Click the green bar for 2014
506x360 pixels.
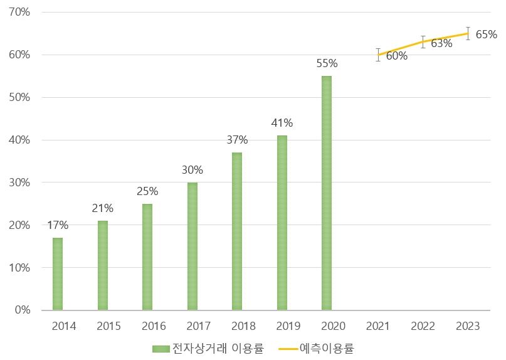click(x=58, y=273)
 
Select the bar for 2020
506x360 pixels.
click(x=327, y=193)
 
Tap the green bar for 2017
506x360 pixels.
click(x=192, y=246)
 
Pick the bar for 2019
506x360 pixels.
click(x=282, y=223)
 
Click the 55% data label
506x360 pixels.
click(x=327, y=63)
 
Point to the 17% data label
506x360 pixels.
click(x=58, y=225)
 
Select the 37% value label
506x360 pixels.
click(x=237, y=140)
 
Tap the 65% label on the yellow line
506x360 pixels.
click(x=486, y=34)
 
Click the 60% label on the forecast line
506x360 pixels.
click(x=396, y=56)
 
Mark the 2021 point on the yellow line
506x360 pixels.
click(x=378, y=55)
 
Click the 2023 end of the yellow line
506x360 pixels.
click(x=468, y=33)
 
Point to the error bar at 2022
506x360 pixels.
click(x=423, y=42)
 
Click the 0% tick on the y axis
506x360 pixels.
click(x=24, y=310)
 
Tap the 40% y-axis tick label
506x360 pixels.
click(x=21, y=140)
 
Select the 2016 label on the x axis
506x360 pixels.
click(x=154, y=326)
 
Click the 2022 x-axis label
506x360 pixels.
click(x=423, y=326)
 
